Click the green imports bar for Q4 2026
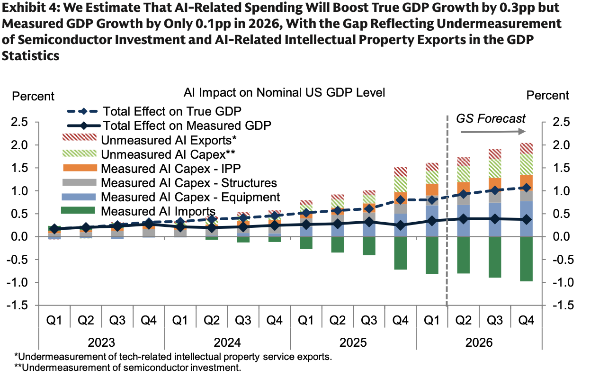[526, 259]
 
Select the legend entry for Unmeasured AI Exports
[149, 140]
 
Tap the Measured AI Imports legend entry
[138, 211]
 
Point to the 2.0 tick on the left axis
[19, 145]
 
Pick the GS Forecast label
[491, 118]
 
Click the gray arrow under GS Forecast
[493, 131]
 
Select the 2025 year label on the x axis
[353, 342]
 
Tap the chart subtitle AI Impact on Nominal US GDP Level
[284, 92]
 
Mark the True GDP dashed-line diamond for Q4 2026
[527, 188]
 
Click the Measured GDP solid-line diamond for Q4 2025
[401, 225]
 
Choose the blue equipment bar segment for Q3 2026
[495, 220]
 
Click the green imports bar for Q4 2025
[401, 253]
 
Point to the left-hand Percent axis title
[33, 96]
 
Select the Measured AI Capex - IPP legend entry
[152, 169]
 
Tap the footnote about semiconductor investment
[128, 368]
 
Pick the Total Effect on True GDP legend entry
[154, 111]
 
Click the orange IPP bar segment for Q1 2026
[432, 189]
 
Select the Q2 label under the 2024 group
[212, 320]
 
